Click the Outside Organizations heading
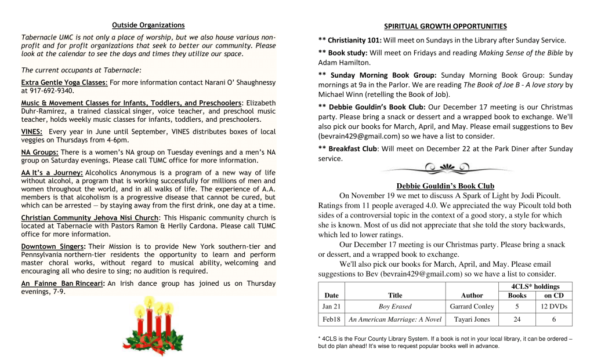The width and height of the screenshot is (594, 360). (148, 25)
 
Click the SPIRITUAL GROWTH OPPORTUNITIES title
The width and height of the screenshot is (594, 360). (445, 26)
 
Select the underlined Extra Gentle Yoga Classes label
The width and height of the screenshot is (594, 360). (64, 83)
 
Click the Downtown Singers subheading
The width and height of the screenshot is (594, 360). (53, 246)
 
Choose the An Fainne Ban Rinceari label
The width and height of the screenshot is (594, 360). (63, 283)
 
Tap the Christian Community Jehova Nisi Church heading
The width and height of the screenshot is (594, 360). (90, 218)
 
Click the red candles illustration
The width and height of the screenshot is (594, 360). (154, 326)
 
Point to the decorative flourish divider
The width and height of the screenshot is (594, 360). (445, 169)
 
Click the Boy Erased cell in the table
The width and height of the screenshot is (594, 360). (394, 307)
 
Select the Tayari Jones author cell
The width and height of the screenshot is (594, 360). (472, 319)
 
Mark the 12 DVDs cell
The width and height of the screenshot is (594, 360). (553, 307)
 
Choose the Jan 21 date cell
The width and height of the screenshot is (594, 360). (331, 307)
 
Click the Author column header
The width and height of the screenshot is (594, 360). (472, 295)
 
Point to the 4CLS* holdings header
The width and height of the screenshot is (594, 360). (535, 286)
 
